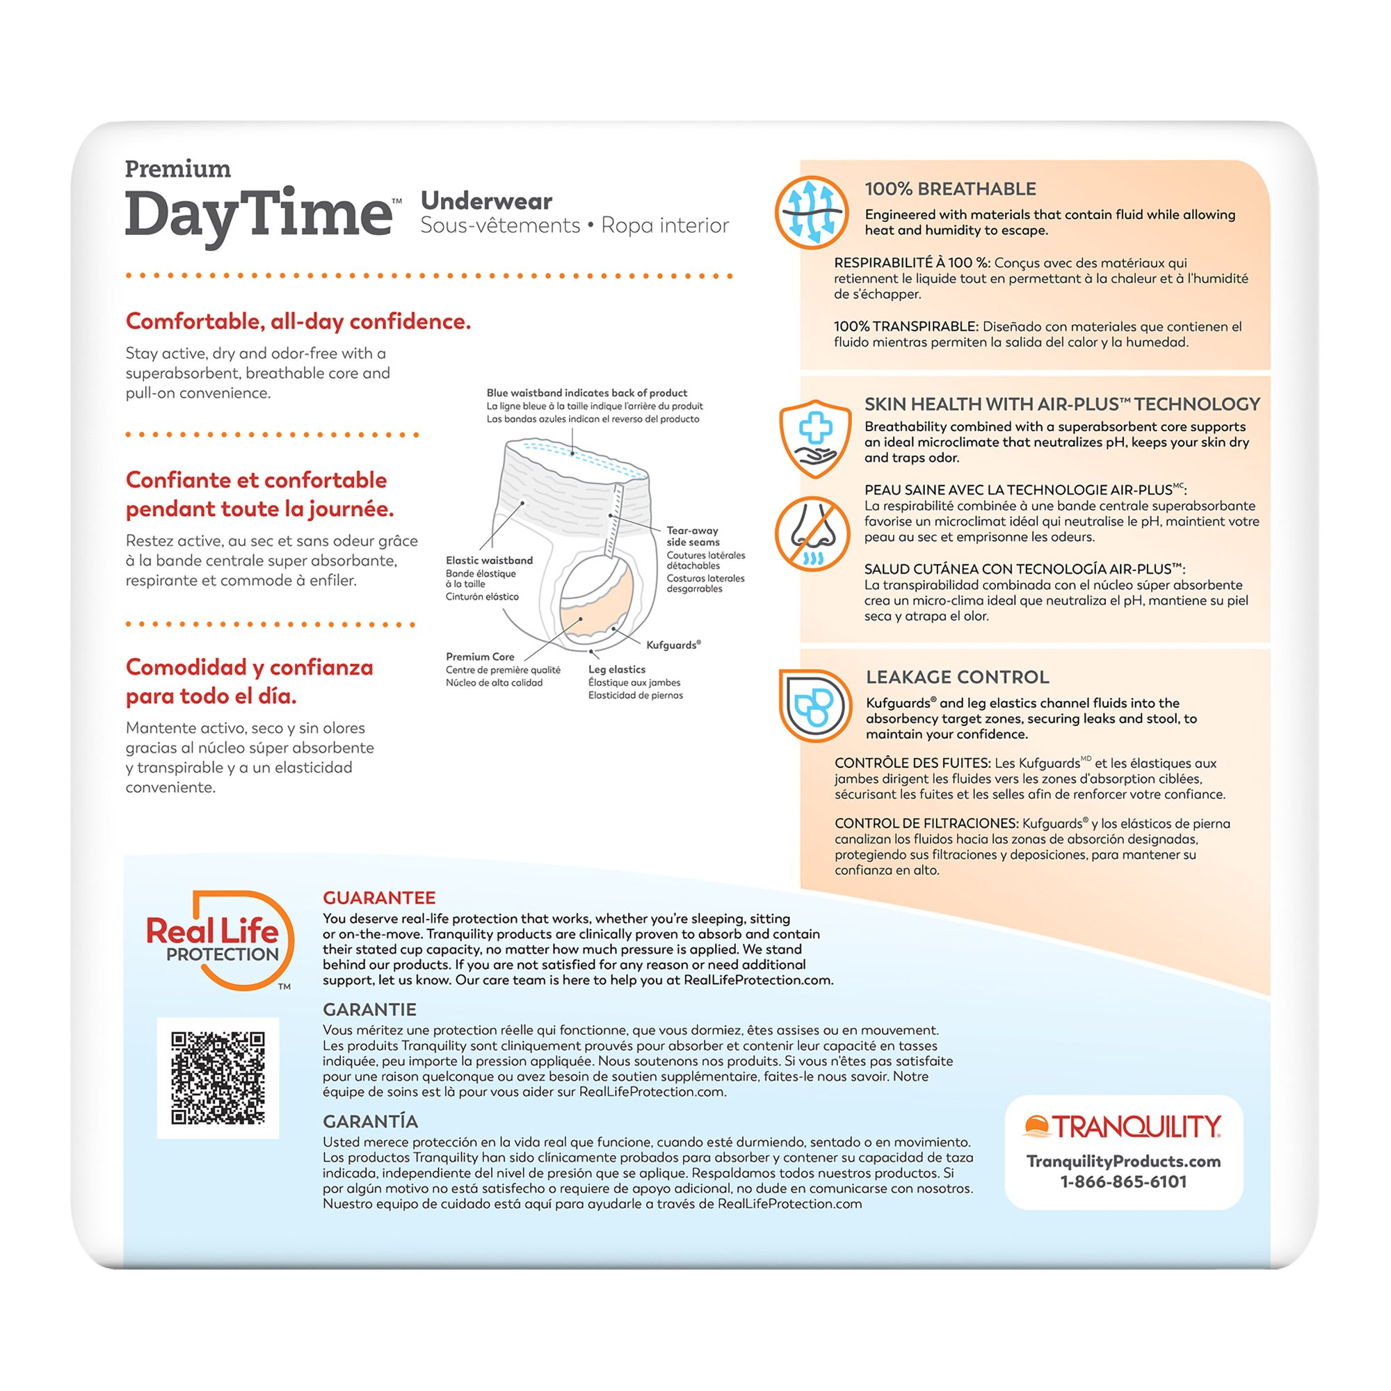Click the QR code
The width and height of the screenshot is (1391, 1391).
[218, 1078]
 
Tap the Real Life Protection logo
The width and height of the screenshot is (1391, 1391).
[218, 940]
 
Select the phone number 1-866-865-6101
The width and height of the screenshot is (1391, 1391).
[1123, 1182]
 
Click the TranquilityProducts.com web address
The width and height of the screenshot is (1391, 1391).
[1123, 1161]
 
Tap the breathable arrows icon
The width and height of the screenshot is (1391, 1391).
[812, 212]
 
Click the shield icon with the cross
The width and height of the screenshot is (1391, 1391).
[814, 438]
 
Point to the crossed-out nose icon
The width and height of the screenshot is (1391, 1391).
[812, 533]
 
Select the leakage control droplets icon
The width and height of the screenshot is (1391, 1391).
[814, 705]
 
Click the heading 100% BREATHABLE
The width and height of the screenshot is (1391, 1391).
[950, 189]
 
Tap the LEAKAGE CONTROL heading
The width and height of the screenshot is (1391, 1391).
[958, 677]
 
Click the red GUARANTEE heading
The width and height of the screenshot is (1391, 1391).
[379, 898]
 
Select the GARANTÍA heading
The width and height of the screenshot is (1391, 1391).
[370, 1121]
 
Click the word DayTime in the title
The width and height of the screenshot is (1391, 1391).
[259, 214]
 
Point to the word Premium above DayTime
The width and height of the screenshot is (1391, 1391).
[178, 169]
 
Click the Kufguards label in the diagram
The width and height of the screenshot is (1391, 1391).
[673, 645]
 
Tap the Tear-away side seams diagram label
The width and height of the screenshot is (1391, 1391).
[693, 536]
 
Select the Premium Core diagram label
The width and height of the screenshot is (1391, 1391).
[479, 657]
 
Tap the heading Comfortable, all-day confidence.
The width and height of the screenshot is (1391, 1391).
[298, 321]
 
